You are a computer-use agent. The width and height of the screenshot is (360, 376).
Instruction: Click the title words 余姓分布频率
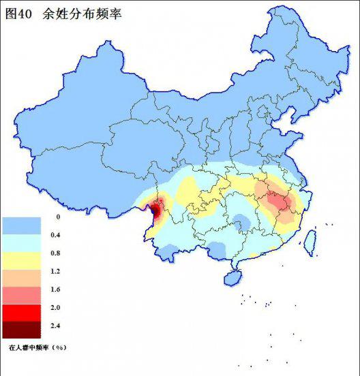coord(82,12)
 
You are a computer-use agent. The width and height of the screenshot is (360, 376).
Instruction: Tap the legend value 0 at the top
coord(58,217)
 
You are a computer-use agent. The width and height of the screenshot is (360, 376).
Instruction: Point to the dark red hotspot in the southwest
coord(156,209)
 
